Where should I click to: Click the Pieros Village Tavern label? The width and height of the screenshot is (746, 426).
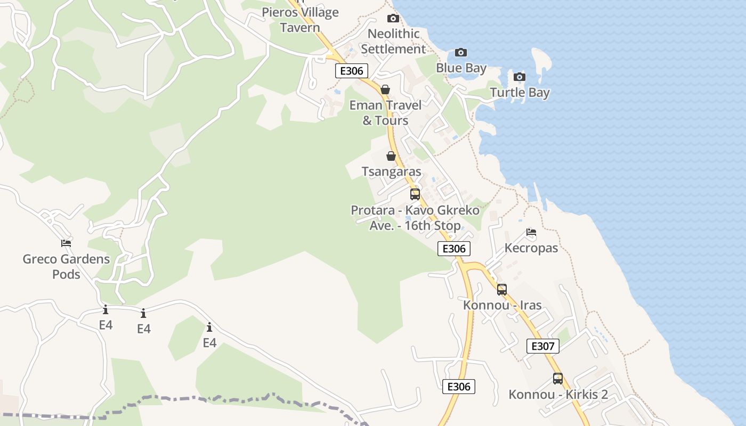click(300, 20)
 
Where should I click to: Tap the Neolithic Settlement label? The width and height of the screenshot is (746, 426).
click(394, 41)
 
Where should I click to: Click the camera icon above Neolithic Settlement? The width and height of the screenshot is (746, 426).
click(393, 18)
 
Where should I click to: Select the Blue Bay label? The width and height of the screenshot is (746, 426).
click(461, 68)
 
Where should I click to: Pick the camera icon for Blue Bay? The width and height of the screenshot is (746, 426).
click(461, 52)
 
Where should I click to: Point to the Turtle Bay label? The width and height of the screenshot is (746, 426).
click(520, 93)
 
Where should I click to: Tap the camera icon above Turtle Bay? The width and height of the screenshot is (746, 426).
click(520, 77)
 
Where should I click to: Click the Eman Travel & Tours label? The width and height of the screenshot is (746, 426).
click(385, 113)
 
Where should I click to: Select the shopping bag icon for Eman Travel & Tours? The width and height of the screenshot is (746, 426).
click(385, 89)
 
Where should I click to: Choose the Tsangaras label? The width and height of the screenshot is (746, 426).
click(392, 172)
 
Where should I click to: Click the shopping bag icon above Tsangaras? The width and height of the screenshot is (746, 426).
click(391, 156)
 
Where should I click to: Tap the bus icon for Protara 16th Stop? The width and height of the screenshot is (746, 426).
click(415, 194)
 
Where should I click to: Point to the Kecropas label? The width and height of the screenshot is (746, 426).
click(531, 248)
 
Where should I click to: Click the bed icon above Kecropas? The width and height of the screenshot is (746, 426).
click(531, 232)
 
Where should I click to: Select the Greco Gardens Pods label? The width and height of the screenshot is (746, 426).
click(66, 267)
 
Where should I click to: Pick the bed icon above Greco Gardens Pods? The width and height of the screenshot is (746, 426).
click(66, 243)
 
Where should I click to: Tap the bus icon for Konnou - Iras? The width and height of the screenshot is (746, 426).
click(502, 290)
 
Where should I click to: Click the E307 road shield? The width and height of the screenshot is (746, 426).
click(543, 346)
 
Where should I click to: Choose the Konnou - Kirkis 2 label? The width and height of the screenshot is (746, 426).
click(558, 395)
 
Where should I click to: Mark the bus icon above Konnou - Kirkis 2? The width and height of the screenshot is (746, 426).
click(558, 379)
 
